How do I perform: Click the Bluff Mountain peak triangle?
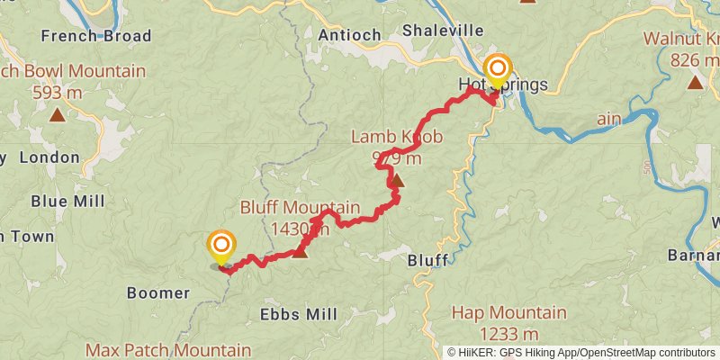[x=300, y=252]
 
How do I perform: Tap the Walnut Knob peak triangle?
[x=694, y=83]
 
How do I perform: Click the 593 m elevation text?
[x=58, y=92]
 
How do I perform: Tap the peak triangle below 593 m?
[x=57, y=114]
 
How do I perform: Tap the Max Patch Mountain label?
[x=168, y=349]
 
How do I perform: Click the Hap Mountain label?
[x=508, y=313]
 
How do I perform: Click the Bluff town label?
[x=427, y=259]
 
